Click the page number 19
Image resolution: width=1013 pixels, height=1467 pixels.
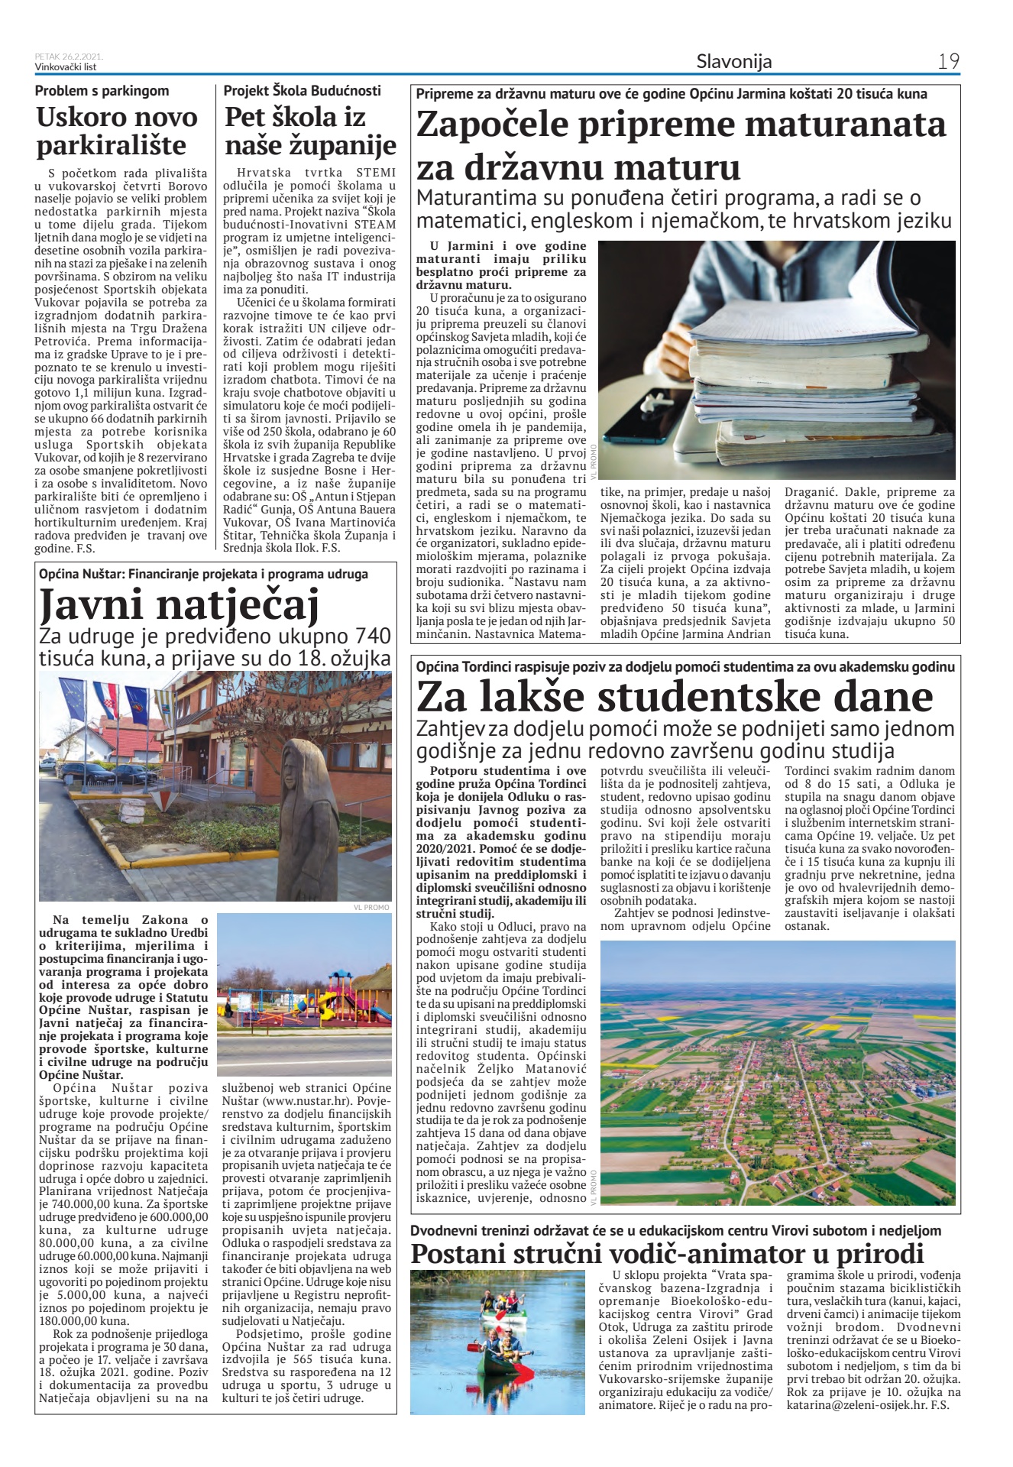(948, 61)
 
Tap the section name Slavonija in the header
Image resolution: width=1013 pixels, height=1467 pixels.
(733, 62)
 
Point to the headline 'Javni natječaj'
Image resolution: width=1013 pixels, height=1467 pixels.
(179, 605)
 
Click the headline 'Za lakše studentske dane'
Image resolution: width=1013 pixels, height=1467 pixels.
(675, 696)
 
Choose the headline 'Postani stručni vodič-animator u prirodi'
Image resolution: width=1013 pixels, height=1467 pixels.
(667, 1253)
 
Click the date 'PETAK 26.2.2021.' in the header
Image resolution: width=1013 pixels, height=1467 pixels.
(69, 57)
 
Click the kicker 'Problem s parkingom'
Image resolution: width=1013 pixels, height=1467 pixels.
(102, 91)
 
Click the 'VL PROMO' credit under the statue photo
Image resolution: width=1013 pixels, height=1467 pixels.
(371, 907)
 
